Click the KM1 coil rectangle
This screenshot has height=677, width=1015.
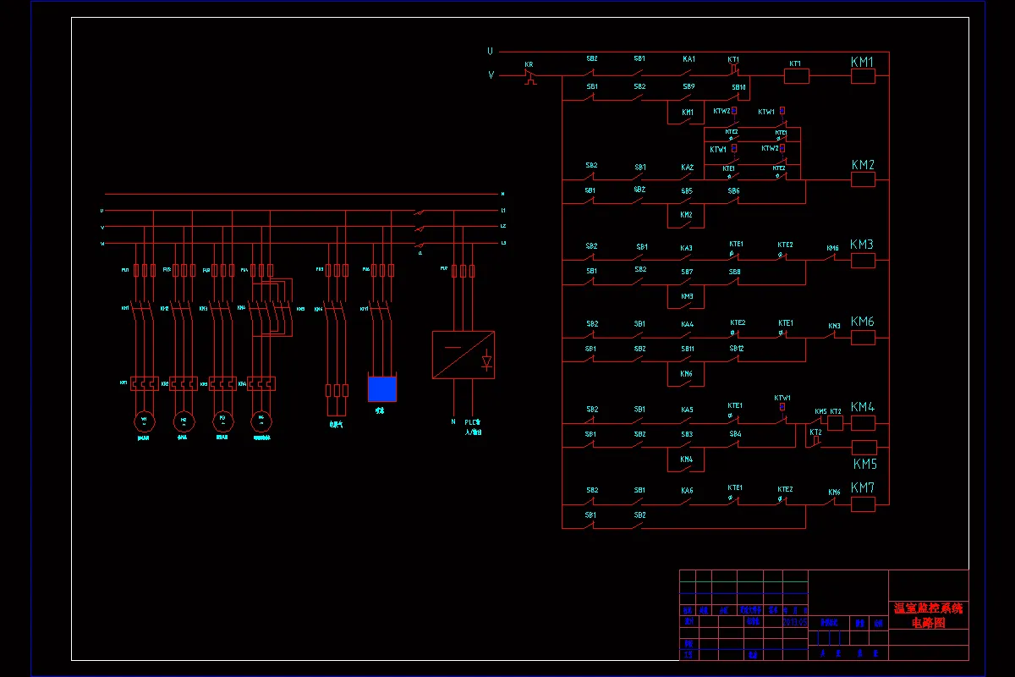tap(862, 76)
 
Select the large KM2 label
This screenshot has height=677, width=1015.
tap(863, 165)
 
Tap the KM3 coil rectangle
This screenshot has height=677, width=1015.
tap(862, 261)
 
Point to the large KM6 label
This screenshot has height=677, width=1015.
tap(863, 322)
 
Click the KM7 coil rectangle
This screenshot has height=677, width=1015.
tap(862, 504)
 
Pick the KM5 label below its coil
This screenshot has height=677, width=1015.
tap(864, 465)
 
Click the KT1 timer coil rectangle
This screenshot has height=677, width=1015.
tap(797, 76)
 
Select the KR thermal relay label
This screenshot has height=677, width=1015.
tap(529, 64)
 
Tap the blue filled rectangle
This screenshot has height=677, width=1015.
tap(381, 389)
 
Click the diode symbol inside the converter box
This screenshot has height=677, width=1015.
tap(486, 361)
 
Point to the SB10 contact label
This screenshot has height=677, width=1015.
tap(738, 86)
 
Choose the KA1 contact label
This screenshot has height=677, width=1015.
tap(689, 59)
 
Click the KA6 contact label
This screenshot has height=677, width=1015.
tap(687, 491)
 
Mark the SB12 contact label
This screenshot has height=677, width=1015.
tap(737, 349)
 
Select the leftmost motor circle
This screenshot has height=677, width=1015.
tap(144, 421)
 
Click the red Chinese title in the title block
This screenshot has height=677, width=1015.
tap(928, 615)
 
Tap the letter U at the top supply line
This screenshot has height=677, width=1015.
tap(490, 51)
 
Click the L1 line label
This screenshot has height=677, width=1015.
tap(502, 210)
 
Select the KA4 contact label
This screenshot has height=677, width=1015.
tap(687, 324)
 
